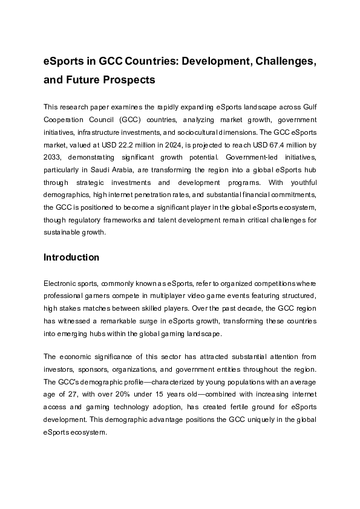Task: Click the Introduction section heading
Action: pos(71,257)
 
